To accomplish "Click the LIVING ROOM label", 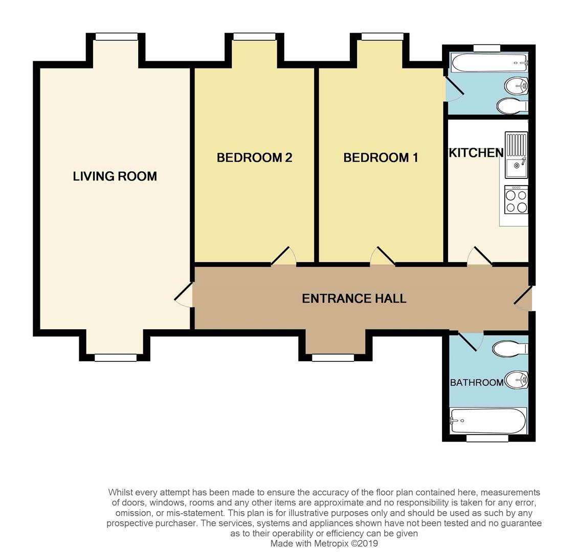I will [x=115, y=176].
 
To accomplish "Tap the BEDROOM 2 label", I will [x=254, y=157].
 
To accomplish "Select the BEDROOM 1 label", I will [x=381, y=157].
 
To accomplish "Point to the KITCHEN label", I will [x=476, y=152].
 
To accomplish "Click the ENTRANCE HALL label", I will [x=354, y=298].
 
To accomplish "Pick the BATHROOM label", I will [x=477, y=382].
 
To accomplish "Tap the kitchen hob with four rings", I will [x=516, y=199].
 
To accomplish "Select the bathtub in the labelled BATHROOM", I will [x=487, y=421].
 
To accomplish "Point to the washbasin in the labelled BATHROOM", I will [x=516, y=380].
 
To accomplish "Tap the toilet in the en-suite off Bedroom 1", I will [x=512, y=106].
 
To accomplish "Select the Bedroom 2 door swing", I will [x=284, y=257].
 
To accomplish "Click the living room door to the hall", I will [x=183, y=297].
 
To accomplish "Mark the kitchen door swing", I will [x=480, y=257].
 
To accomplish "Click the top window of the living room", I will [x=117, y=37].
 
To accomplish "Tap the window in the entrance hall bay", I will [x=333, y=358].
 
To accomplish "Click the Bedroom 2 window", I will [x=254, y=37].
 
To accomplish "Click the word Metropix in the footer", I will [x=329, y=543].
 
